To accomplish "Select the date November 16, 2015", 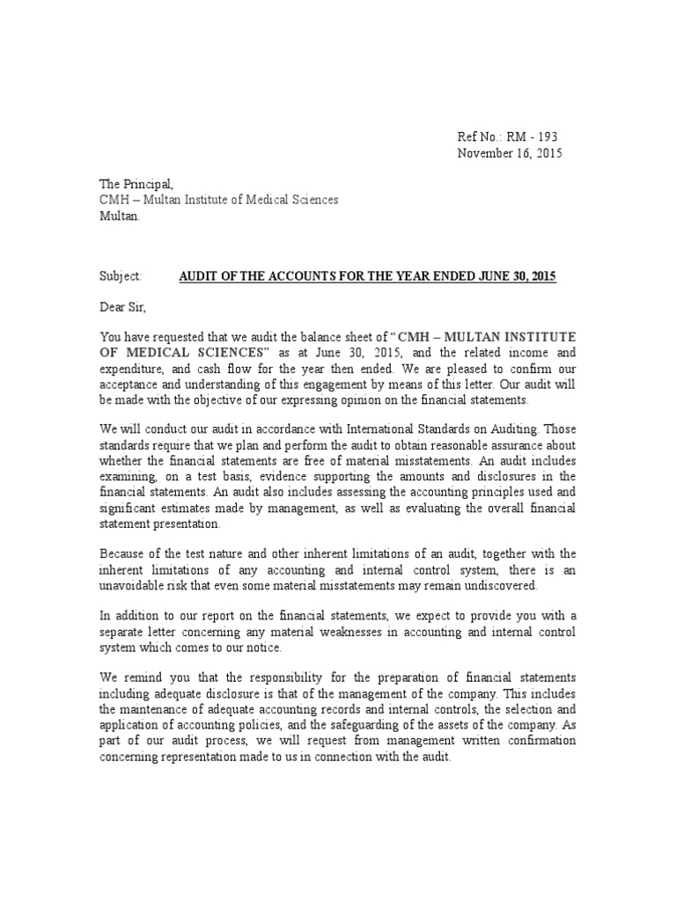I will pyautogui.click(x=509, y=153).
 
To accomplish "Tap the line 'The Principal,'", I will pyautogui.click(x=136, y=184).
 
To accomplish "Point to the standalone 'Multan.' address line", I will pyautogui.click(x=118, y=216).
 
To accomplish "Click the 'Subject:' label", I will pyautogui.click(x=120, y=276).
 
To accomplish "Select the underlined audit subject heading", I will pyautogui.click(x=368, y=276).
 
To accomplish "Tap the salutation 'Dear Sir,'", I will pyautogui.click(x=123, y=307).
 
